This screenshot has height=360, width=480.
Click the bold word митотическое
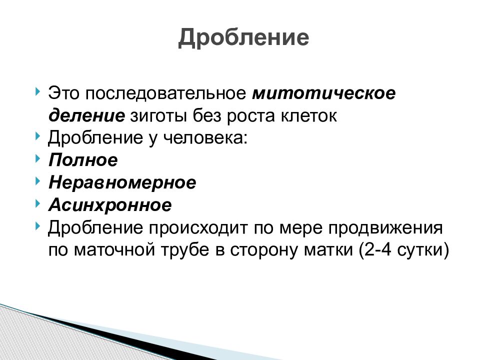(324, 93)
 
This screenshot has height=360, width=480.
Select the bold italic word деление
(86, 116)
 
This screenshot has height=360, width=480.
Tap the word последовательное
(165, 93)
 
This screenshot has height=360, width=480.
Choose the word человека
(205, 138)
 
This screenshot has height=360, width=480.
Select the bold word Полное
(83, 160)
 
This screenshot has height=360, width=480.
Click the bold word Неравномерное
(122, 183)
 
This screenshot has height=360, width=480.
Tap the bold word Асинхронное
(110, 205)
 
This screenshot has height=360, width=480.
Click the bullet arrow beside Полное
(37, 158)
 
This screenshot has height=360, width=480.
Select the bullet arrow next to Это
(37, 91)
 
